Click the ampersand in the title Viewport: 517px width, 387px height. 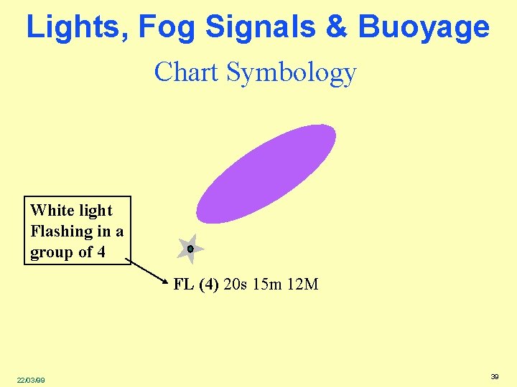(x=337, y=27)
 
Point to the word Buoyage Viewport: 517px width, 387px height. (x=424, y=27)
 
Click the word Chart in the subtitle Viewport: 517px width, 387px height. (x=186, y=72)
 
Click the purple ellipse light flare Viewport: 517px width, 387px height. (x=266, y=173)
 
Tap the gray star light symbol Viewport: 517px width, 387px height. (x=190, y=249)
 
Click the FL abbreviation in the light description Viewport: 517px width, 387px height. (x=183, y=285)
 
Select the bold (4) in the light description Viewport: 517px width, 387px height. (x=208, y=285)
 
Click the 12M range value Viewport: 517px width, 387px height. (x=302, y=285)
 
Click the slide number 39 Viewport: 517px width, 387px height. (x=494, y=376)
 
